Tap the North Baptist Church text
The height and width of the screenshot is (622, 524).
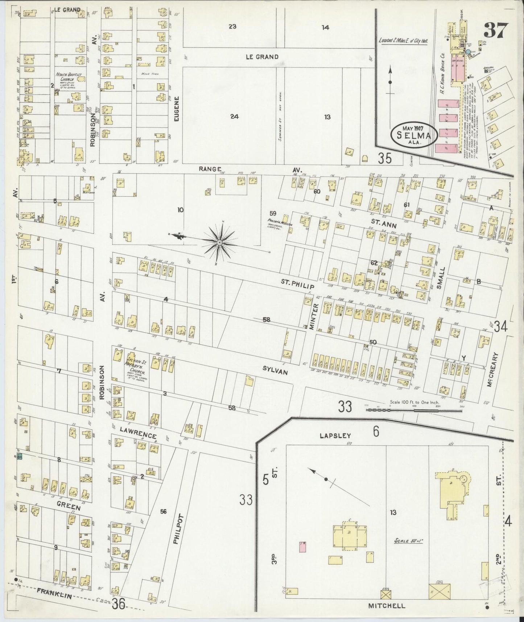[69, 77]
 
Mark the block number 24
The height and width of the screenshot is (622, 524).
[234, 116]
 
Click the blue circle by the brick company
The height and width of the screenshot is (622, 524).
[469, 52]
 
